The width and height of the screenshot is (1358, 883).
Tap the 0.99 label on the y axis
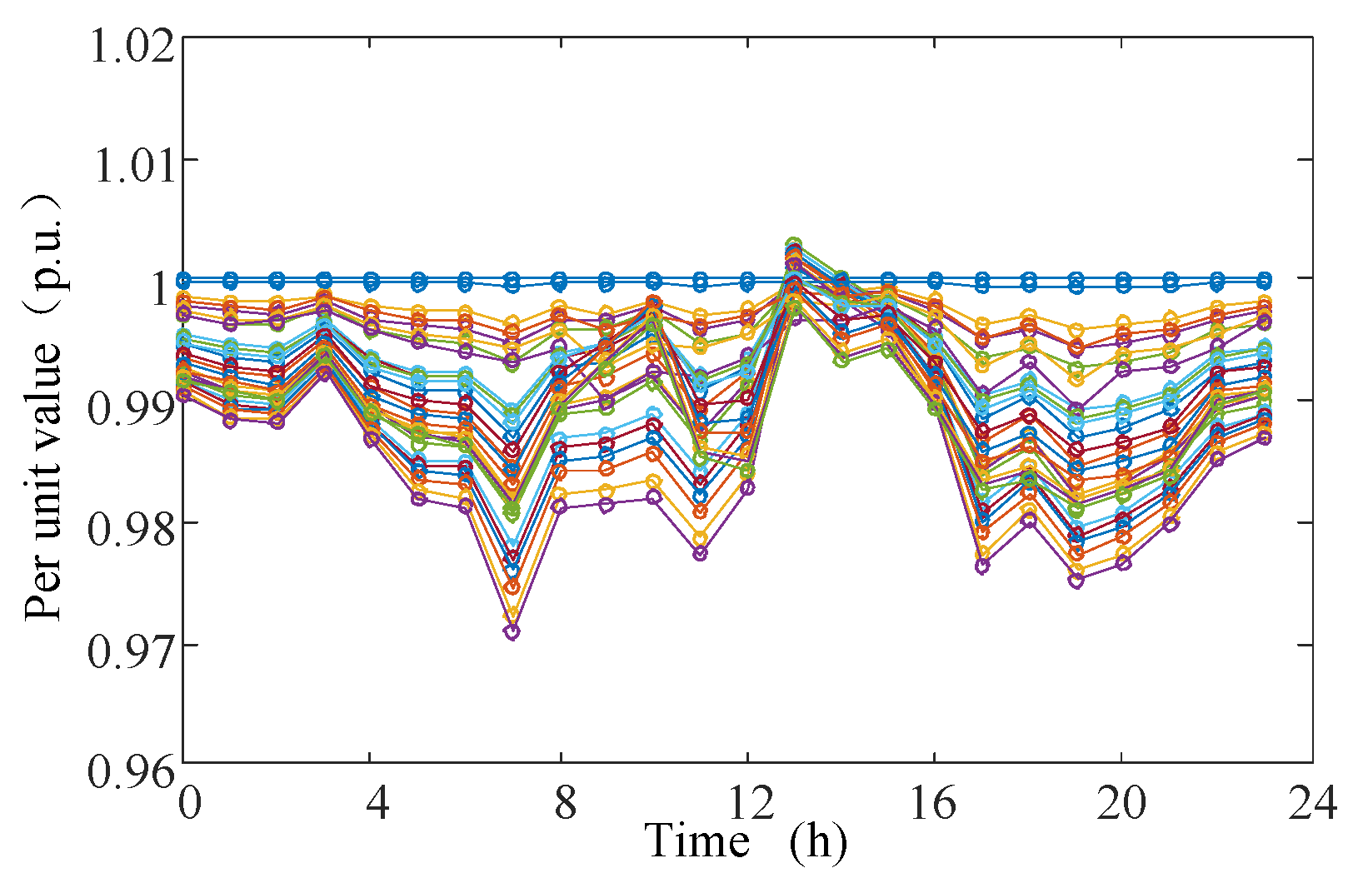pos(132,408)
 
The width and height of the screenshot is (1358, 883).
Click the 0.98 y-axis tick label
pos(132,530)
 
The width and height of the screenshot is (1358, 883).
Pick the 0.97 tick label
pos(132,651)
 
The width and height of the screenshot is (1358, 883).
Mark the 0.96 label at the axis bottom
pos(132,771)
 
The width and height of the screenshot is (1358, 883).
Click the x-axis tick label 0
pos(190,803)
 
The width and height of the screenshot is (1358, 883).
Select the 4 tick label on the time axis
pos(377,803)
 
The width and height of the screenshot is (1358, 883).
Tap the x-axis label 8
pos(566,803)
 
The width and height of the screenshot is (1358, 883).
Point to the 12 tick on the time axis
pos(752,803)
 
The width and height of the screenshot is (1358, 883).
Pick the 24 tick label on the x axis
pos(1311,803)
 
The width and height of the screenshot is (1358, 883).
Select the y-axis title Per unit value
pos(43,466)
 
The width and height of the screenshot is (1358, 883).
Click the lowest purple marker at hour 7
pos(512,631)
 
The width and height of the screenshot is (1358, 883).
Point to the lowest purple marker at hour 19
pos(1076,580)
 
